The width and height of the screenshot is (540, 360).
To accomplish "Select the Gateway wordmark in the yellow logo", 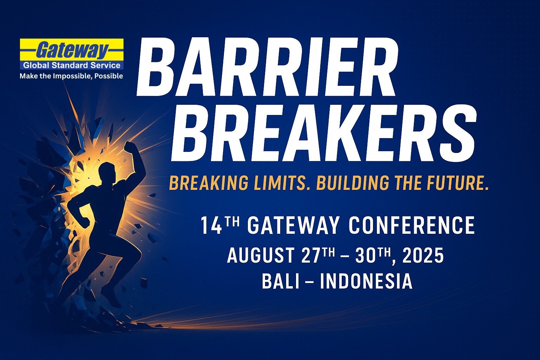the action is coord(72,50).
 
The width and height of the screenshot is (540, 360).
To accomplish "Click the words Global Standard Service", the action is coord(72,65).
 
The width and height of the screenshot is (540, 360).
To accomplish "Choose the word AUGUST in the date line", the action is coord(261,255).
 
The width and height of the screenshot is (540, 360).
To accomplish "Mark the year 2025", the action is coord(423,255).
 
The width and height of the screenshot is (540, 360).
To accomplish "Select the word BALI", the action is coord(280,281).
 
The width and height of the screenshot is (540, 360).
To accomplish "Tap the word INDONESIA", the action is coord(366,281).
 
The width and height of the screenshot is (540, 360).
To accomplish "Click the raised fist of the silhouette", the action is coord(130,147).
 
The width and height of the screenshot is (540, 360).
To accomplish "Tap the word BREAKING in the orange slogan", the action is coord(208,183).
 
